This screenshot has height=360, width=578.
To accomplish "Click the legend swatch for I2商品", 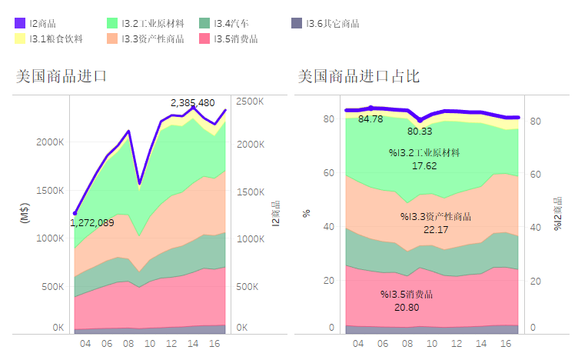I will point(21,23).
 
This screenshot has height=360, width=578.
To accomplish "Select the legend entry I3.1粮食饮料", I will point(56,38).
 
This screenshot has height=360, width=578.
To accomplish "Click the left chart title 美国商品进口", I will point(61,76).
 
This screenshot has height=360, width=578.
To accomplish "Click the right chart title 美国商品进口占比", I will point(358,76).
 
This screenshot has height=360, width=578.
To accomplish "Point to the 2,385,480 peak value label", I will point(192,102).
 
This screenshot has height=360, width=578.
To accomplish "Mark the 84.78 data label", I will point(370,119).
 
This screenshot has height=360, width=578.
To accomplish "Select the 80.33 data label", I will point(420,132).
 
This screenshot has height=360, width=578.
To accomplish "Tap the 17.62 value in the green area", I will point(424,165).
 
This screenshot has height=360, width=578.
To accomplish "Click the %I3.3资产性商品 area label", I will point(436,216).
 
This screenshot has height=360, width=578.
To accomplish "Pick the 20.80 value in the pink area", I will point(407,307).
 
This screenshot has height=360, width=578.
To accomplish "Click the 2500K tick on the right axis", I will point(250,102).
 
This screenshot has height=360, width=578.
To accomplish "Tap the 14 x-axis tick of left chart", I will point(193,344).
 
